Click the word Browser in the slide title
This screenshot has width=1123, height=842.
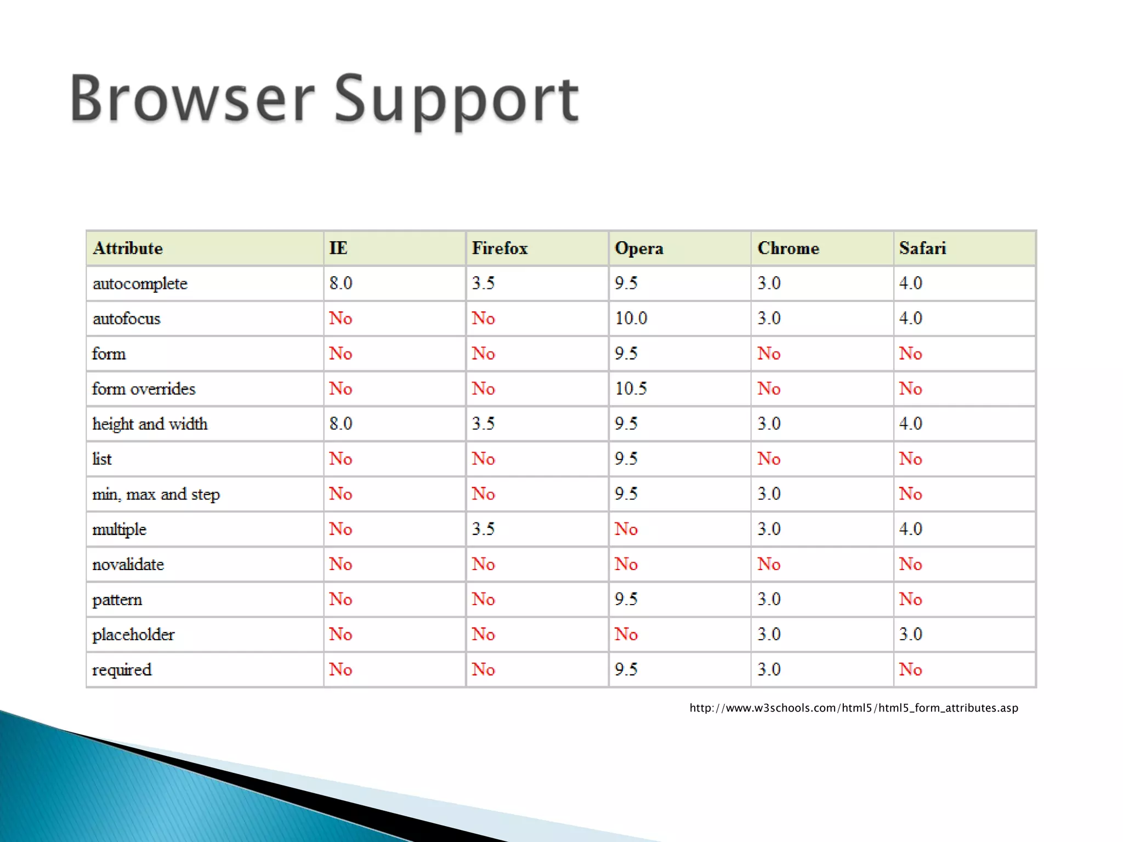click(x=192, y=99)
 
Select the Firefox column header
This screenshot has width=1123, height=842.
click(x=500, y=248)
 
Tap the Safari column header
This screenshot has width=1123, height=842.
click(x=922, y=248)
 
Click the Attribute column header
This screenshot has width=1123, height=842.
click(x=128, y=248)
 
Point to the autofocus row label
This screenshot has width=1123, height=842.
click(x=127, y=318)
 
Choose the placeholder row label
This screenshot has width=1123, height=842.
click(x=133, y=634)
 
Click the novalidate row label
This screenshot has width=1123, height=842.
click(x=128, y=564)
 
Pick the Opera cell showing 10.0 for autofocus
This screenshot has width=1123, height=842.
click(x=631, y=318)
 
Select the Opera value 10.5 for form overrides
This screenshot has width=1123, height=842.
click(x=631, y=389)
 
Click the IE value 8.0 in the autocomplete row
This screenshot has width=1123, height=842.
click(x=341, y=283)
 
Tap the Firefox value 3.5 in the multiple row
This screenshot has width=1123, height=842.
click(x=483, y=529)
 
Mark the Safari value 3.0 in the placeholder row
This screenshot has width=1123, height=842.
click(x=911, y=634)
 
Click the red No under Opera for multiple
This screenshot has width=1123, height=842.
click(x=626, y=529)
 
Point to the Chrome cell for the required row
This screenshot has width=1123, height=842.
click(x=769, y=669)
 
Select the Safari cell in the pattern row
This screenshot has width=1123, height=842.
click(x=911, y=599)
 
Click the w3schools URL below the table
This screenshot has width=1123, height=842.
click(x=854, y=708)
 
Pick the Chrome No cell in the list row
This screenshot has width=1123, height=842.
click(x=769, y=459)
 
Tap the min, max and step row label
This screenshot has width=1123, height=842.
click(x=156, y=494)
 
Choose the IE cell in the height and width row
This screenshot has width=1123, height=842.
click(x=341, y=424)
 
